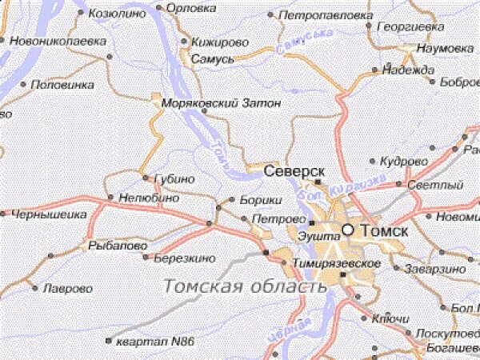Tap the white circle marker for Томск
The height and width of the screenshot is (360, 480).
coord(348,230)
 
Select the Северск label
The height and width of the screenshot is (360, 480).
coord(295,172)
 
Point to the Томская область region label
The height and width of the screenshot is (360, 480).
coord(239,286)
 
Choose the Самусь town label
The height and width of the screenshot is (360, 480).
coord(213,59)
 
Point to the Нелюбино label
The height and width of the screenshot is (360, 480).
coord(148,197)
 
